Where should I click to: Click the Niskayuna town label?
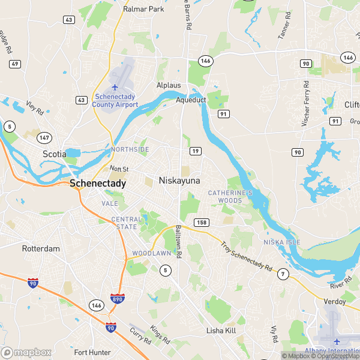pos(179,181)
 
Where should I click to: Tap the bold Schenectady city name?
pos(98,184)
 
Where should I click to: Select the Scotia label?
pos(54,154)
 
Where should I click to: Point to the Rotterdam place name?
pos(41,248)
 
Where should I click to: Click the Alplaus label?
pos(169,85)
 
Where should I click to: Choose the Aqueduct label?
pos(191,100)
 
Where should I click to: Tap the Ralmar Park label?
pos(143,10)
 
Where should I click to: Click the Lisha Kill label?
pos(223,331)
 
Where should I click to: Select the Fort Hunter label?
pos(92,352)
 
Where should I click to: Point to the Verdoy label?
pos(334,301)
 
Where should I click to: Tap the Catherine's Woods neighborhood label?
pos(230,196)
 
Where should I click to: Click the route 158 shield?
pos(202,223)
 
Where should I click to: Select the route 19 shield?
pos(196,153)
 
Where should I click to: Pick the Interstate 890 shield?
pos(118,298)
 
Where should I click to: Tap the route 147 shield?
pos(44,138)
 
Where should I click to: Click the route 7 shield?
pos(282,275)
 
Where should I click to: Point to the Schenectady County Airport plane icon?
pos(115,88)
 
